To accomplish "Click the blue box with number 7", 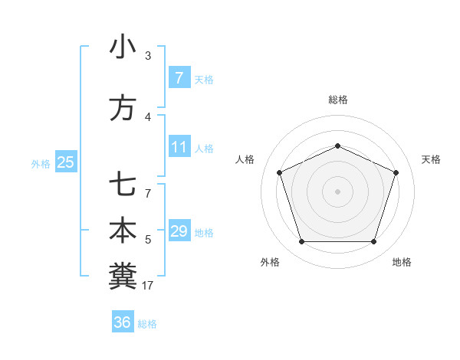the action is click(179, 77).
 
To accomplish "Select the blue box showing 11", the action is click(179, 147).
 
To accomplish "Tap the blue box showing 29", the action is click(179, 231).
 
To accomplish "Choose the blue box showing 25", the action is click(65, 162).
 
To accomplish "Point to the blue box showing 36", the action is click(122, 322).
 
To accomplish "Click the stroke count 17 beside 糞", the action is click(149, 285).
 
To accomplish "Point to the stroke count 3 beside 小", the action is click(148, 55).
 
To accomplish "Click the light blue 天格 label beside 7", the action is click(204, 79).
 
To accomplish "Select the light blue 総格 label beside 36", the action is click(147, 324).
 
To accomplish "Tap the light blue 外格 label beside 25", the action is click(41, 163).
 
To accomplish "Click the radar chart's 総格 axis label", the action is click(337, 100).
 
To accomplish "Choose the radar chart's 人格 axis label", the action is click(245, 159).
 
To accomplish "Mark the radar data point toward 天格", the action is click(396, 172).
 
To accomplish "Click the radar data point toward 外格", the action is click(301, 242).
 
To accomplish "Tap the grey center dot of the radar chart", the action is click(337, 191).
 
